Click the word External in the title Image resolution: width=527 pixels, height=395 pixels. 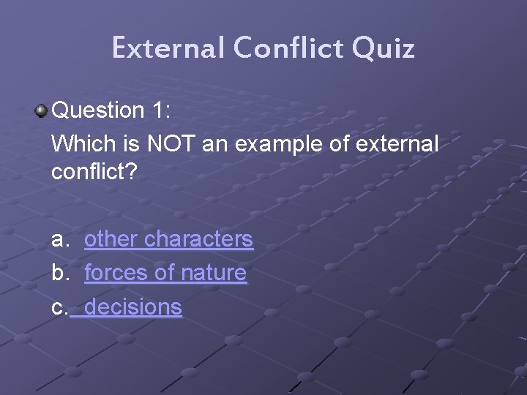pyautogui.click(x=168, y=48)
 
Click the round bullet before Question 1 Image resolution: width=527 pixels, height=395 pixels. pyautogui.click(x=41, y=111)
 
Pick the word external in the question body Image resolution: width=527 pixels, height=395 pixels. pyautogui.click(x=396, y=144)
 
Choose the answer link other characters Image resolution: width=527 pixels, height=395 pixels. pyautogui.click(x=168, y=239)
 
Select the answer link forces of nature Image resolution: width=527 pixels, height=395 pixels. pyautogui.click(x=165, y=273)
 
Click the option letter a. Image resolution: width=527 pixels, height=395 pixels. pyautogui.click(x=59, y=239)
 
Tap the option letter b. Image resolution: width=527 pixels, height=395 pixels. pyautogui.click(x=59, y=273)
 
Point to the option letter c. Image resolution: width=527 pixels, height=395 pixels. pyautogui.click(x=59, y=307)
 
